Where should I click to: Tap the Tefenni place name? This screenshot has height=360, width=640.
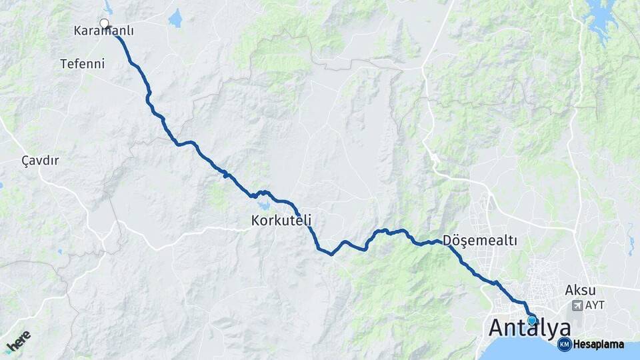[x=82, y=64]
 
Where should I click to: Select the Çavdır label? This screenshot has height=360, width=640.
[x=40, y=161]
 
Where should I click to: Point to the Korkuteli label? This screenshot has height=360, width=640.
[x=281, y=219]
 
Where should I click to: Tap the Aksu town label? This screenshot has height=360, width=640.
[x=580, y=290]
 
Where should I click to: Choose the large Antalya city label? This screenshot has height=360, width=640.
[x=530, y=328]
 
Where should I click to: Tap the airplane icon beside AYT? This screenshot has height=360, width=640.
[x=577, y=305]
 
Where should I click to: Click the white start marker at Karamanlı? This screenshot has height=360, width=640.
[x=104, y=23]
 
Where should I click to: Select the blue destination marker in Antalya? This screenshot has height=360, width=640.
[x=532, y=321]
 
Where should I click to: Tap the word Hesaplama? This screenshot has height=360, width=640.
[x=598, y=345]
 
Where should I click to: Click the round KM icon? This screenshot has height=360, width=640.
[x=564, y=345]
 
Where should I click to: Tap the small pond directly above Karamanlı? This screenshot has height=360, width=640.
[x=108, y=7]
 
